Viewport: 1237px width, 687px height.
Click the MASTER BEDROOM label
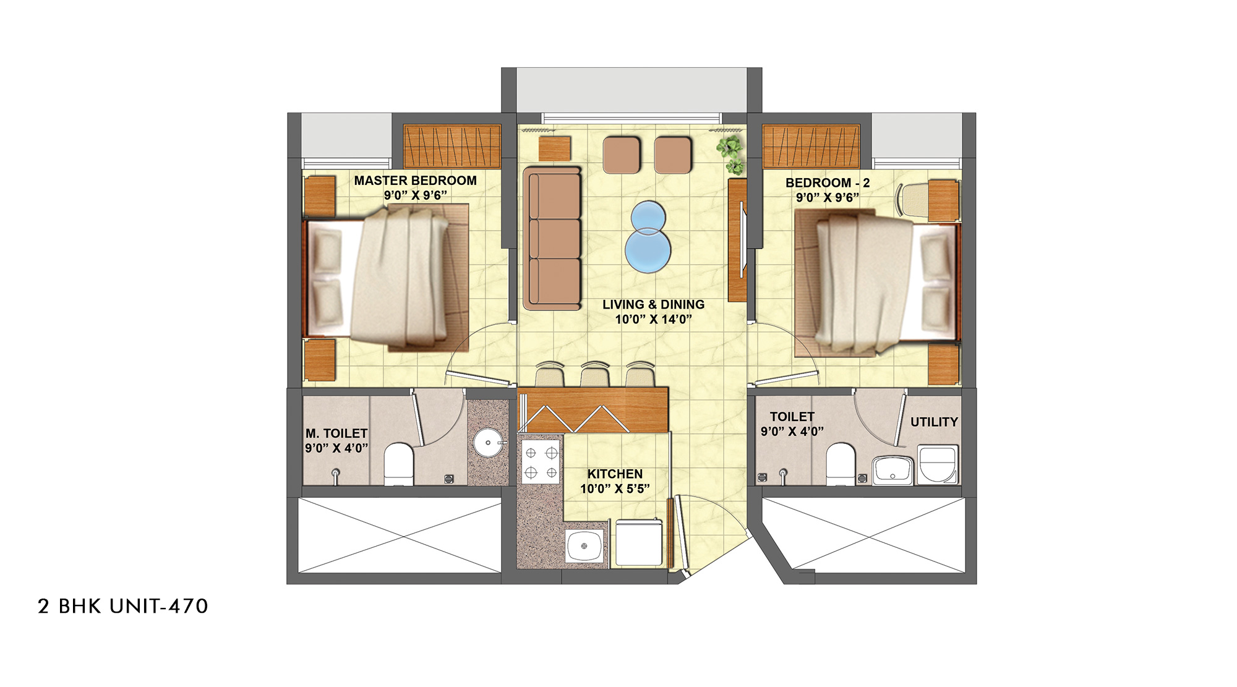(x=415, y=181)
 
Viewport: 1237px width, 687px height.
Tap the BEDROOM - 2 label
(x=828, y=183)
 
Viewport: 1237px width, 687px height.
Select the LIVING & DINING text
(x=653, y=304)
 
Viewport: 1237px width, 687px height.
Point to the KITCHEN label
(x=615, y=474)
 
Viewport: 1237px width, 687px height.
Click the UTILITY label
(x=934, y=422)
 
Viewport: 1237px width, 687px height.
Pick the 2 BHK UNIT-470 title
(x=123, y=606)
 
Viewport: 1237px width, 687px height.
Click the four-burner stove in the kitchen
(x=541, y=463)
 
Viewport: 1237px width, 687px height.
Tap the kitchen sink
(x=584, y=545)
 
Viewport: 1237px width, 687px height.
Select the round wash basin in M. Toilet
(x=489, y=443)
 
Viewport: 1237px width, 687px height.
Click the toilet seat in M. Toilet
(x=399, y=464)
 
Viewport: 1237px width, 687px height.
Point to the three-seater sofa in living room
(x=552, y=238)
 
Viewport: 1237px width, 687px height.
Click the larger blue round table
(x=648, y=250)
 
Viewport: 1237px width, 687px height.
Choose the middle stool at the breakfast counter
(x=595, y=375)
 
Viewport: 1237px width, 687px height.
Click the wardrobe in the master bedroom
(x=452, y=147)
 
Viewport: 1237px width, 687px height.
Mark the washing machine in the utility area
(x=938, y=464)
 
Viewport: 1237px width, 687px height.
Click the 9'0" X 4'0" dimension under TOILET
(x=792, y=431)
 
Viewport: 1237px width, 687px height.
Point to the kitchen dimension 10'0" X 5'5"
(x=615, y=489)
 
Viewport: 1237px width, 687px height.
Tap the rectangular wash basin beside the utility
(x=892, y=470)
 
